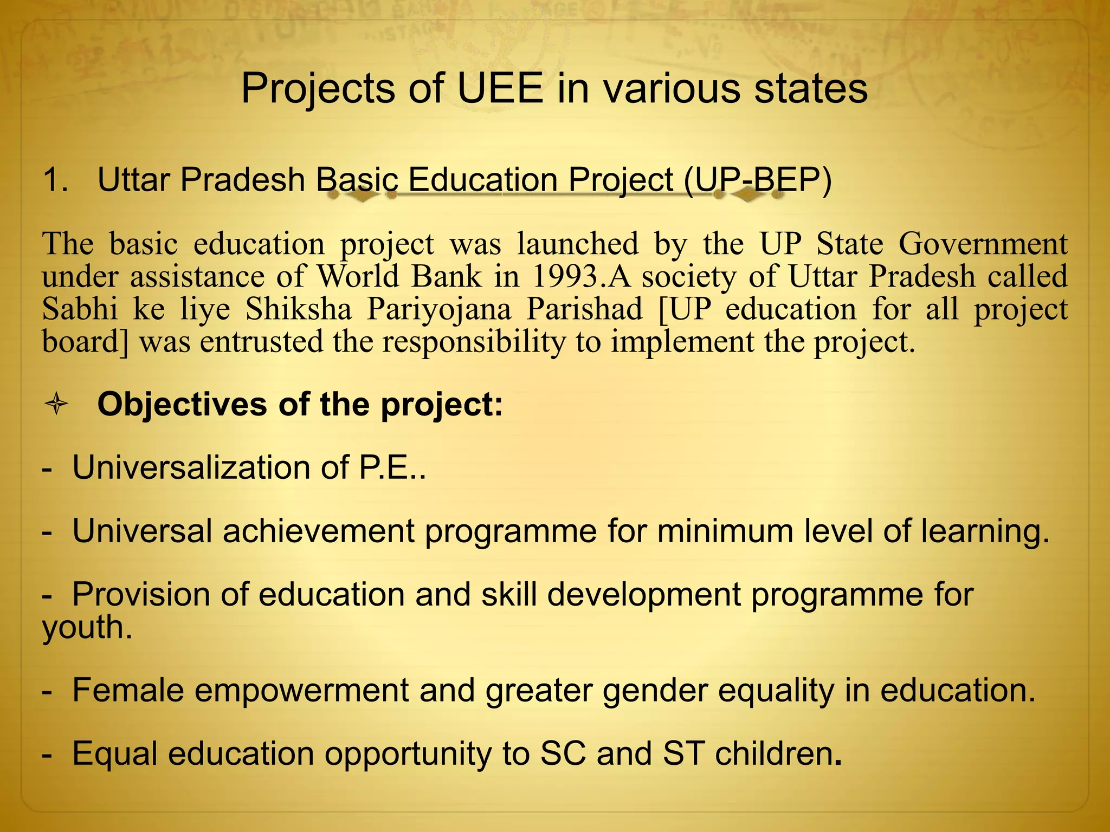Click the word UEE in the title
click(x=500, y=88)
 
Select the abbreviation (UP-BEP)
click(x=757, y=180)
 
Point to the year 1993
click(x=570, y=277)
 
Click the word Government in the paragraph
click(x=983, y=244)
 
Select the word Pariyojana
click(x=439, y=309)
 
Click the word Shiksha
click(x=299, y=309)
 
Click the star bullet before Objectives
click(x=56, y=405)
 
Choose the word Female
click(x=128, y=690)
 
